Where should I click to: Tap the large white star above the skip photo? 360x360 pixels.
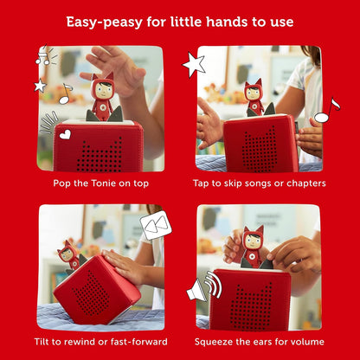coord(193,64)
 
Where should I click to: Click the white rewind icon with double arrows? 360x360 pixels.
coord(156,227)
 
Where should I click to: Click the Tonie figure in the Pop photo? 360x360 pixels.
coord(103,96)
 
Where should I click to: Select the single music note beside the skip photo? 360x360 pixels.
coord(326,111)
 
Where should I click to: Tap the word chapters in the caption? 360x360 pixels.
coord(302,183)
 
